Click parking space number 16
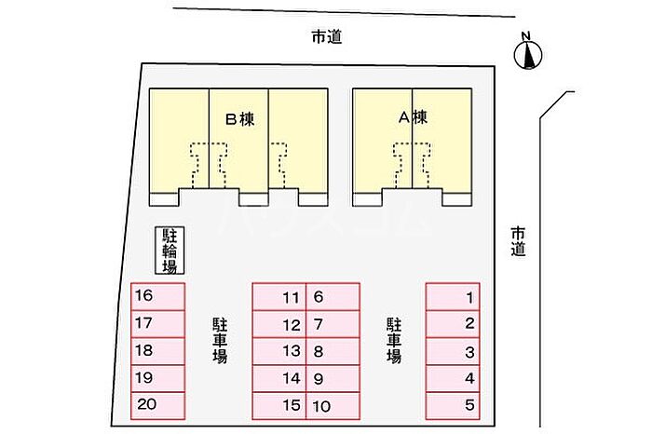pos(158,297)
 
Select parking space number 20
pos(158,406)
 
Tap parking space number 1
pos(453,297)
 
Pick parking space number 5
pos(453,406)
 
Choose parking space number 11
pos(279,297)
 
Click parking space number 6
pos(333,297)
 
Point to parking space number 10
pos(333,406)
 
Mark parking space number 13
pos(279,351)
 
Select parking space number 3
pos(453,351)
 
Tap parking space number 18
pos(158,351)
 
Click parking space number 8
pos(333,351)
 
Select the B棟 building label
pos(240,120)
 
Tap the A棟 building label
pos(413,117)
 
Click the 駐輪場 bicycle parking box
pos(170,251)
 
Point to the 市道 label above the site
pos(327,37)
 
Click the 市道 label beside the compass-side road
pos(519,241)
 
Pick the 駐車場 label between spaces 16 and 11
pos(220,341)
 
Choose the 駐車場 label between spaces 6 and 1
pos(394,341)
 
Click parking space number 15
pos(279,406)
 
